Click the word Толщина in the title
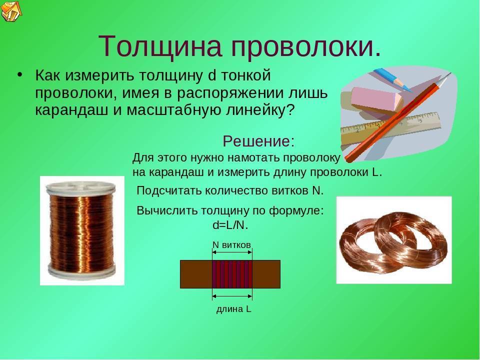coord(160,46)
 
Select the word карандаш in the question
coord(71,110)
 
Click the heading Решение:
coord(258,141)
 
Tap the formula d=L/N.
coord(230,225)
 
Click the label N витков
coord(231,244)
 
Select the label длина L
coord(233,309)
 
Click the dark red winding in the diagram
coord(232,274)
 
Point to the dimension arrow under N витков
coord(232,252)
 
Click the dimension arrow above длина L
coord(232,296)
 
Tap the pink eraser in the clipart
coord(377,98)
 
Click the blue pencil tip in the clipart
coord(407,89)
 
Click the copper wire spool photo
coord(82,230)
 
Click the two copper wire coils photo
coord(394,240)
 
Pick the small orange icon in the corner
coord(11,10)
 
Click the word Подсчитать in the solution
coord(168,191)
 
